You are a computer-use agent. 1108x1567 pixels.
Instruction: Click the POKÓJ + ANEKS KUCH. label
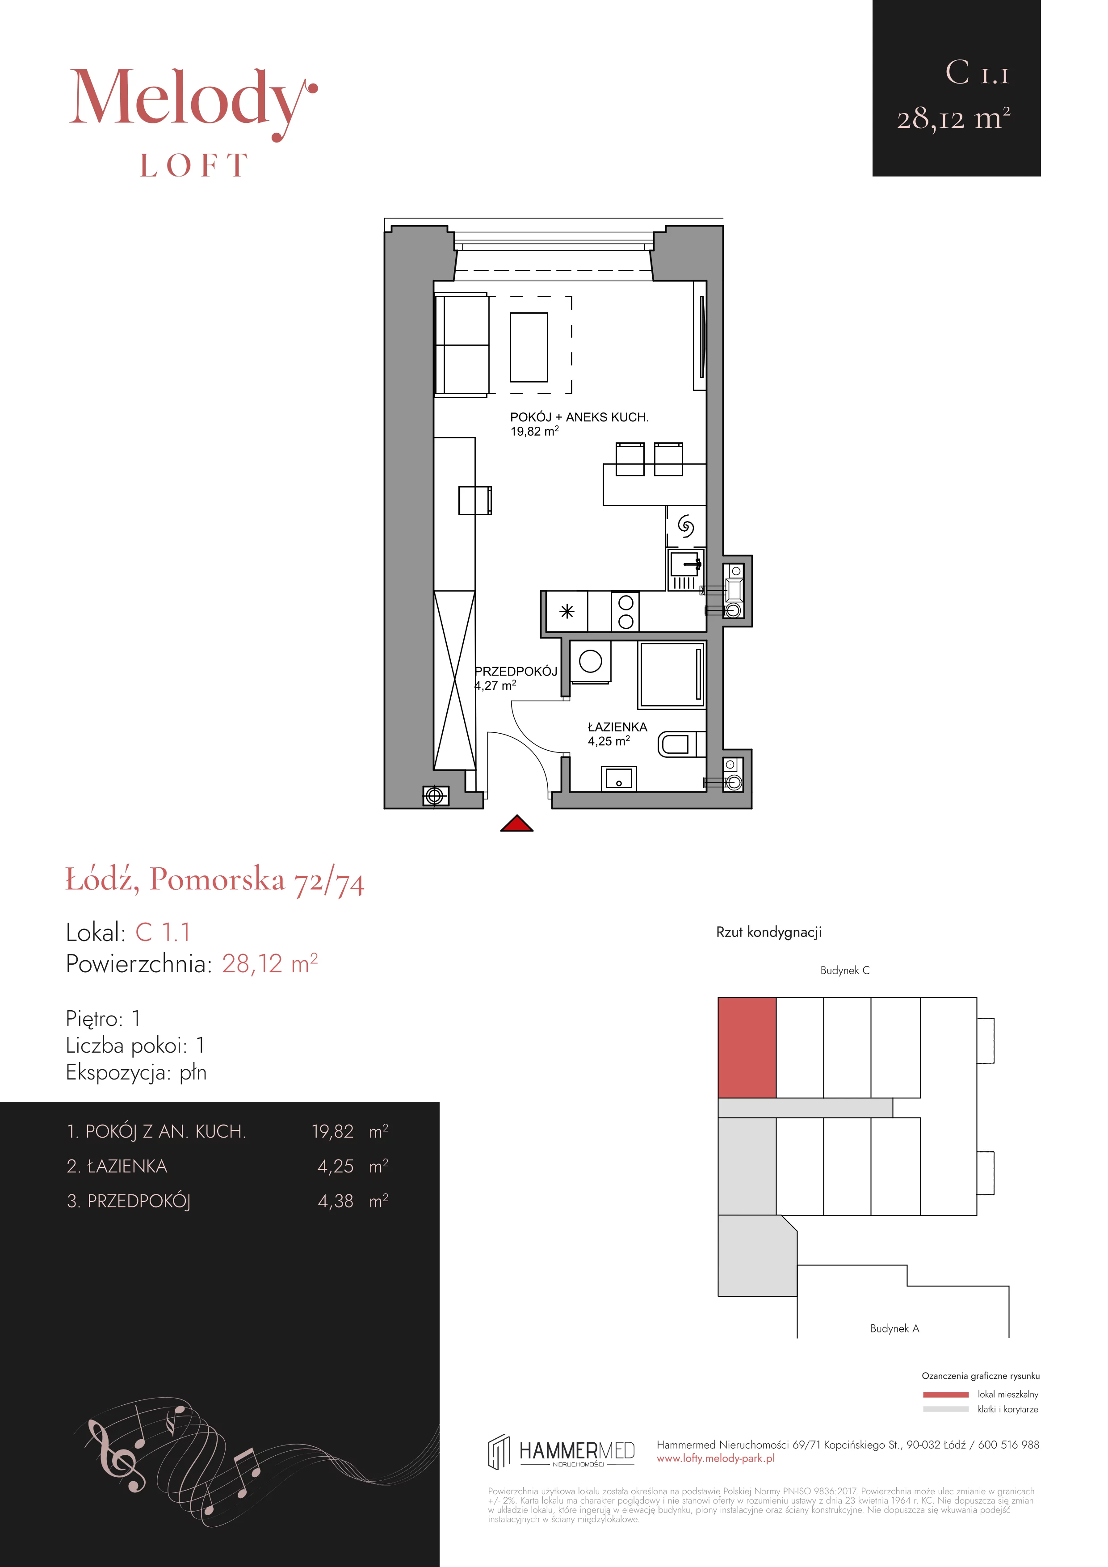[x=579, y=417]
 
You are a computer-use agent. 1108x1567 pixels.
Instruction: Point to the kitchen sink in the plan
[x=685, y=566]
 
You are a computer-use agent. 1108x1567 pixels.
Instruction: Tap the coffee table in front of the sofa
[x=529, y=347]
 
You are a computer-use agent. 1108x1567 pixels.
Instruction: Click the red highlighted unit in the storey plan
[x=747, y=1047]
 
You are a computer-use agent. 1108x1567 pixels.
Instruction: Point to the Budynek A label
[x=894, y=1328]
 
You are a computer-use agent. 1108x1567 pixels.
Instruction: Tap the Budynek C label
[x=845, y=970]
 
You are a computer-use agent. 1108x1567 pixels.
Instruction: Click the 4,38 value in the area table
[x=336, y=1201]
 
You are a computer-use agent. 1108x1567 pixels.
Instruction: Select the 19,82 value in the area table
[x=333, y=1131]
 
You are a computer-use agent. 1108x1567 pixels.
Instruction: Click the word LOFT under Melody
[x=194, y=166]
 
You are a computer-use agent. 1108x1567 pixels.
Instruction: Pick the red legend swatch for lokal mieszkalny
[x=946, y=1395]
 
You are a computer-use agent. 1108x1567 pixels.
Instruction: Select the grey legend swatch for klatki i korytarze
[x=946, y=1409]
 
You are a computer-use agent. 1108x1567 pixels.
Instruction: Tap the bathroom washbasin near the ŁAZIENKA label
[x=619, y=778]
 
